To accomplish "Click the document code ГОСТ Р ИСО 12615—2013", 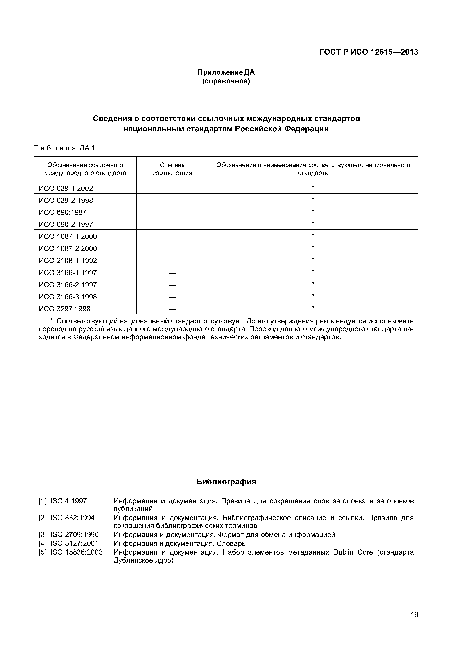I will pyautogui.click(x=369, y=52).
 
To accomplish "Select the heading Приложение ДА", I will pyautogui.click(x=226, y=72).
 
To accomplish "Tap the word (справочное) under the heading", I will pyautogui.click(x=226, y=81).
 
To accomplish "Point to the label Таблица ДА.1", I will pyautogui.click(x=65, y=148).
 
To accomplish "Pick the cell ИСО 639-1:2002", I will pyautogui.click(x=66, y=188).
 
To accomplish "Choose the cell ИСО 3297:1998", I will pyautogui.click(x=65, y=309).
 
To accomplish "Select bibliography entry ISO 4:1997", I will pyautogui.click(x=69, y=501).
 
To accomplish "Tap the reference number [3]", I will pyautogui.click(x=43, y=535).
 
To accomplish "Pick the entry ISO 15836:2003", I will pyautogui.click(x=77, y=552).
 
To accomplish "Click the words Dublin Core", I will pyautogui.click(x=353, y=552).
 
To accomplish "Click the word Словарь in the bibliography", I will pyautogui.click(x=231, y=543).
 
